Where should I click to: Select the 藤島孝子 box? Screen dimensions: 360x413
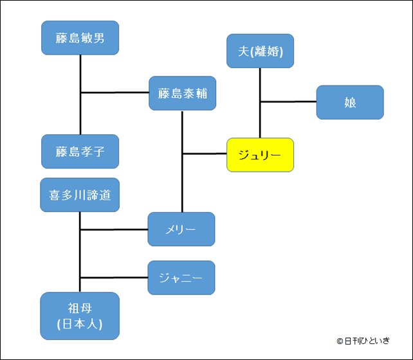(80, 151)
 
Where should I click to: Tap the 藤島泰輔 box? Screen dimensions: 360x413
(182, 94)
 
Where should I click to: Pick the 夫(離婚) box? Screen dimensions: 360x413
(261, 51)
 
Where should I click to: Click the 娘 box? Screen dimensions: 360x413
(350, 102)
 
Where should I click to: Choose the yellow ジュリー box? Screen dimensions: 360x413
(260, 155)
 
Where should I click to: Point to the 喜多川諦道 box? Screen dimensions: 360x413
(80, 195)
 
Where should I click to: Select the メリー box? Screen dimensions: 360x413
(181, 229)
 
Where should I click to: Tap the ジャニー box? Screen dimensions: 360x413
(181, 278)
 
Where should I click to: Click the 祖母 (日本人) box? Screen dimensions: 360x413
(80, 316)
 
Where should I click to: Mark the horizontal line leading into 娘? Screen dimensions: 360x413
(288, 102)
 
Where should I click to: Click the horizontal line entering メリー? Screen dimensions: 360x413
(114, 229)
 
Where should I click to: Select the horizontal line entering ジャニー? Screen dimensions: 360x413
(114, 278)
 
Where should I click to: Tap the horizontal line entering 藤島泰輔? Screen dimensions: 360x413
(115, 93)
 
